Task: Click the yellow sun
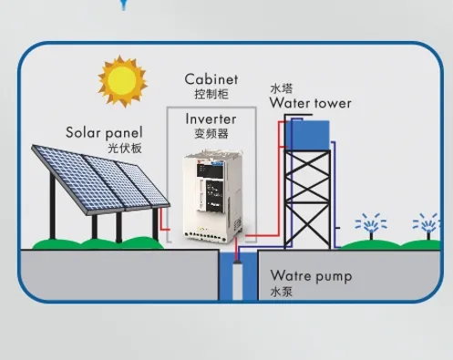[x=123, y=81]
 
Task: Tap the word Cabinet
[x=211, y=79]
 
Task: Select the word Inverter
[x=211, y=118]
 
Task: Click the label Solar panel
[x=104, y=132]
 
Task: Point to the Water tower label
[x=310, y=103]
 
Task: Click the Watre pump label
[x=310, y=276]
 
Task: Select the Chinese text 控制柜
[x=211, y=94]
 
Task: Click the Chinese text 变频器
[x=211, y=133]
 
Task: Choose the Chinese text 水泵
[x=280, y=292]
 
